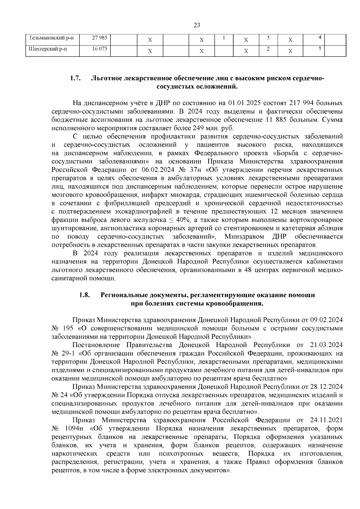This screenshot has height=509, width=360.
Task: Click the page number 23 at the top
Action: coord(197,25)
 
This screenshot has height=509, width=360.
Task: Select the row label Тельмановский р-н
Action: coord(51,38)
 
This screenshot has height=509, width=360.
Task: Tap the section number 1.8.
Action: coord(85,295)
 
